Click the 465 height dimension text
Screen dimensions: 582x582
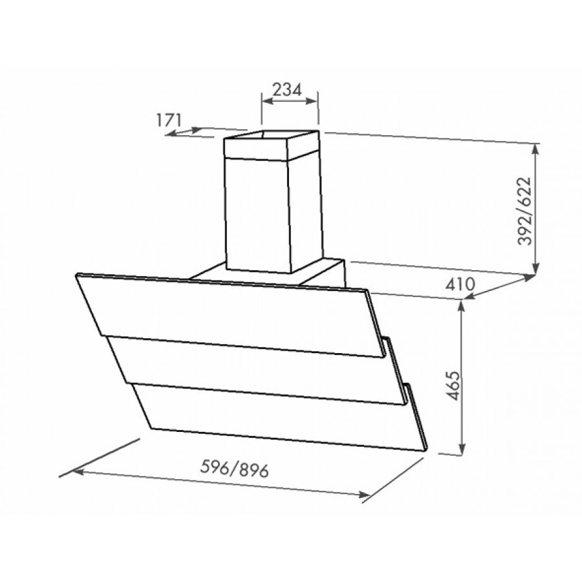click(452, 387)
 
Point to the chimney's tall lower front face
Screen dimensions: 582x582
click(259, 213)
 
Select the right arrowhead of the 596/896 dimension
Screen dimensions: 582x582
click(363, 495)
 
